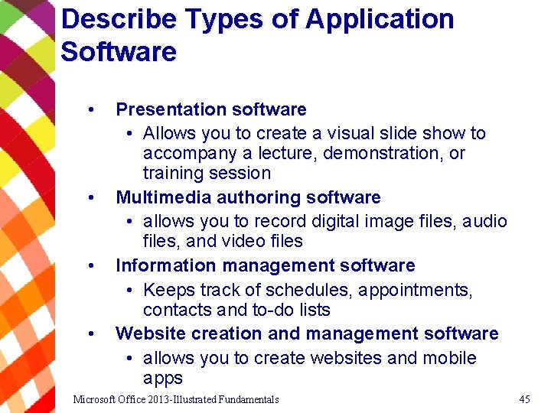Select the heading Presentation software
(x=211, y=109)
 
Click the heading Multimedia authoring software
(x=248, y=197)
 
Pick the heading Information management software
(x=266, y=265)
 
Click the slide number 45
(x=524, y=399)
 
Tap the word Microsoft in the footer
(x=96, y=399)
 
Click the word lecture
(x=288, y=153)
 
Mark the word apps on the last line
(x=163, y=378)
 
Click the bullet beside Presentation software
(x=91, y=109)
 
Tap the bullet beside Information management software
(x=91, y=265)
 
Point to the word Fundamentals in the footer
(x=248, y=399)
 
